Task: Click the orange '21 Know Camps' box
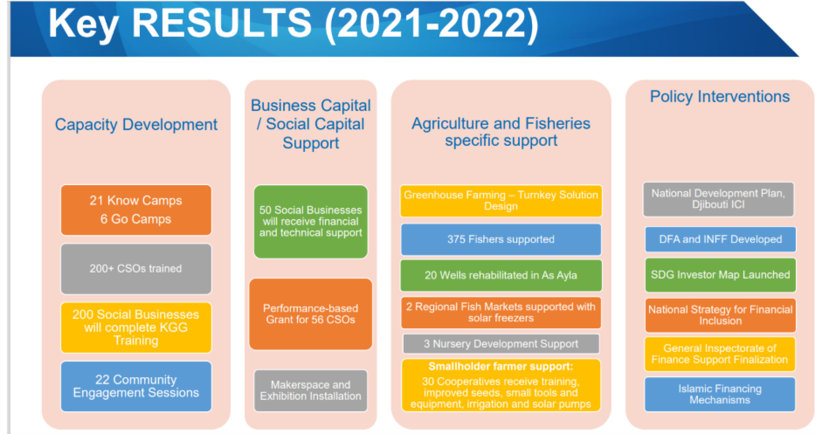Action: (136, 210)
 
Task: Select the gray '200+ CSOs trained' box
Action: (136, 269)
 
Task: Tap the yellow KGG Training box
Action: (136, 327)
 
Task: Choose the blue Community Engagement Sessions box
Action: (136, 386)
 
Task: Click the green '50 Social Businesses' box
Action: (311, 222)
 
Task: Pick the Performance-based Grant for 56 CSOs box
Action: (311, 314)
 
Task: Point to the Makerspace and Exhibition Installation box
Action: (311, 391)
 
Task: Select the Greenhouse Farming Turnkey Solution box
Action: (501, 201)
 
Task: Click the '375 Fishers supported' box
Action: (501, 239)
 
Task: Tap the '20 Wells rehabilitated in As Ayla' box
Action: (501, 276)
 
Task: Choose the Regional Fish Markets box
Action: (501, 313)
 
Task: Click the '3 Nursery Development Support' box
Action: (501, 344)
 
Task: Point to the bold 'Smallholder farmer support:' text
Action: (501, 366)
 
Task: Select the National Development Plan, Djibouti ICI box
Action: (719, 199)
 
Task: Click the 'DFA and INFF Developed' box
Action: (720, 239)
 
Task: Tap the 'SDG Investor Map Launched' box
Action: (720, 275)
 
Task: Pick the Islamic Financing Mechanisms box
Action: (720, 395)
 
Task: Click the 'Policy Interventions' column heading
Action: (720, 97)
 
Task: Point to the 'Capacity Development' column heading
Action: (136, 124)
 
